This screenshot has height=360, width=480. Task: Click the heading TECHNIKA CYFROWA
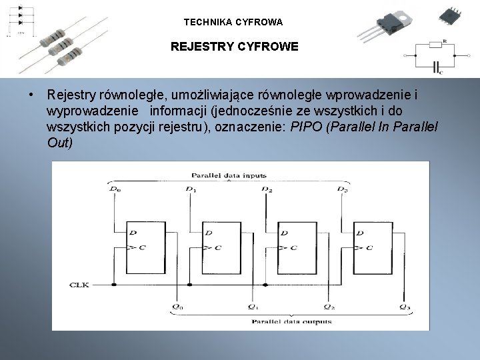point(233,22)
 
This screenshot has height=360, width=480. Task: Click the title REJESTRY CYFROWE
point(234,48)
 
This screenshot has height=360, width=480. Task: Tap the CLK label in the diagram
point(79,285)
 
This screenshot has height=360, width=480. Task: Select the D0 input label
point(115,190)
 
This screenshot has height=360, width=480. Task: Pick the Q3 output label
point(405,307)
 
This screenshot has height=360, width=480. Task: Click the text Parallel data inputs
point(229,176)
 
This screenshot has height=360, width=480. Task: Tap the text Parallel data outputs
point(291,321)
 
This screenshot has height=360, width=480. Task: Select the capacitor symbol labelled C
point(437,67)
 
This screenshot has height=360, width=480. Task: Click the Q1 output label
point(253,307)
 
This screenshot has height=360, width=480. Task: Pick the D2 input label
point(267,190)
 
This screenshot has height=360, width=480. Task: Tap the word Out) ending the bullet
point(60,143)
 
